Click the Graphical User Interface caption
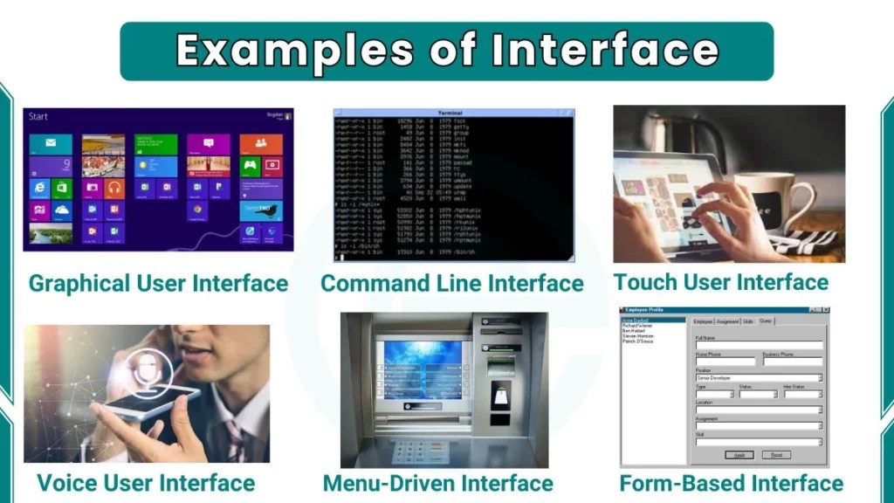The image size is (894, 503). pyautogui.click(x=158, y=284)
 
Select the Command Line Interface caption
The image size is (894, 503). pyautogui.click(x=451, y=284)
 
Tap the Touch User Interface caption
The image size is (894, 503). pyautogui.click(x=720, y=282)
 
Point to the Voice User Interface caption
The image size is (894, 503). pyautogui.click(x=146, y=483)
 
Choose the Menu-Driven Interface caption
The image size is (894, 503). pyautogui.click(x=437, y=483)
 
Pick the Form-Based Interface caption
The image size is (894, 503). pyautogui.click(x=732, y=483)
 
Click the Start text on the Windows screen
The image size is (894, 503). pyautogui.click(x=38, y=117)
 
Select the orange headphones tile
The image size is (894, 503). pyautogui.click(x=114, y=188)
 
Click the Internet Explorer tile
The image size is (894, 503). pyautogui.click(x=39, y=189)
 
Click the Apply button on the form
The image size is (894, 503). pyautogui.click(x=739, y=455)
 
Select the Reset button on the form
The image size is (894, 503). pyautogui.click(x=775, y=455)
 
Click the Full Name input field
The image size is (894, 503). pyautogui.click(x=758, y=346)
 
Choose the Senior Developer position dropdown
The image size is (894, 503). pyautogui.click(x=758, y=377)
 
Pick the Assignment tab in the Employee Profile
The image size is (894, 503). pyautogui.click(x=727, y=321)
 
